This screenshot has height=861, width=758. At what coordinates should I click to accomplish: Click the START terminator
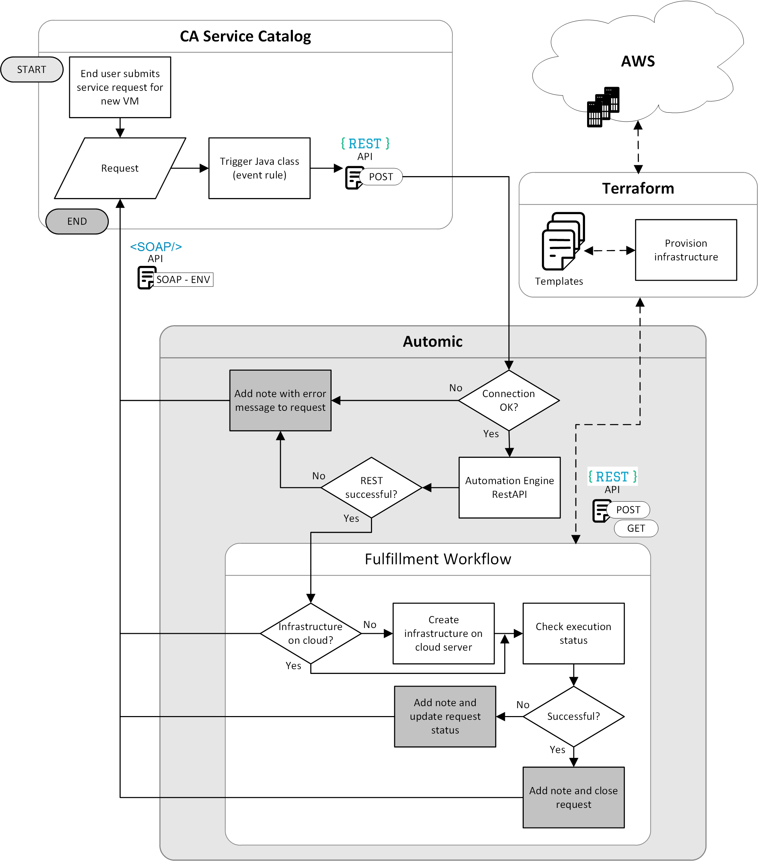32,70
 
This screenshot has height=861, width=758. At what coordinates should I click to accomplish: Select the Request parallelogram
120,168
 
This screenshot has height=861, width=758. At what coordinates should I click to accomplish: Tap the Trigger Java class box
259,168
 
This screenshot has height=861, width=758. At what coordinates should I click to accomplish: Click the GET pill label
636,529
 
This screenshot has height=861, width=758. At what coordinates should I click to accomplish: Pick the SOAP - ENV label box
183,280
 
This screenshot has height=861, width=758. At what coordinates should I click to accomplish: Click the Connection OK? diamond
509,400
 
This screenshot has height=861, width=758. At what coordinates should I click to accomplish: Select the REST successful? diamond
371,487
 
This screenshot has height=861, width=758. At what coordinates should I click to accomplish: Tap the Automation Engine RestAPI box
510,487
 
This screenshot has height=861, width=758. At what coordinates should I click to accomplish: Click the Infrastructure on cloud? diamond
311,633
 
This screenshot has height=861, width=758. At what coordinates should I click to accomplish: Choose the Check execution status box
574,633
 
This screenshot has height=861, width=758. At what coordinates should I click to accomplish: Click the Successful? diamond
574,716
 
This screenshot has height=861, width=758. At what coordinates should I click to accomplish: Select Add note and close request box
574,797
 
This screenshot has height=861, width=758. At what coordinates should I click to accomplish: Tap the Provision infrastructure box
686,250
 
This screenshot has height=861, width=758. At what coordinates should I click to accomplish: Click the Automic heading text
433,342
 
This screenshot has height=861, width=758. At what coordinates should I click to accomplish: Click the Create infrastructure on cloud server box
444,633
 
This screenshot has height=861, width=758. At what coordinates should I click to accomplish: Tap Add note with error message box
280,400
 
